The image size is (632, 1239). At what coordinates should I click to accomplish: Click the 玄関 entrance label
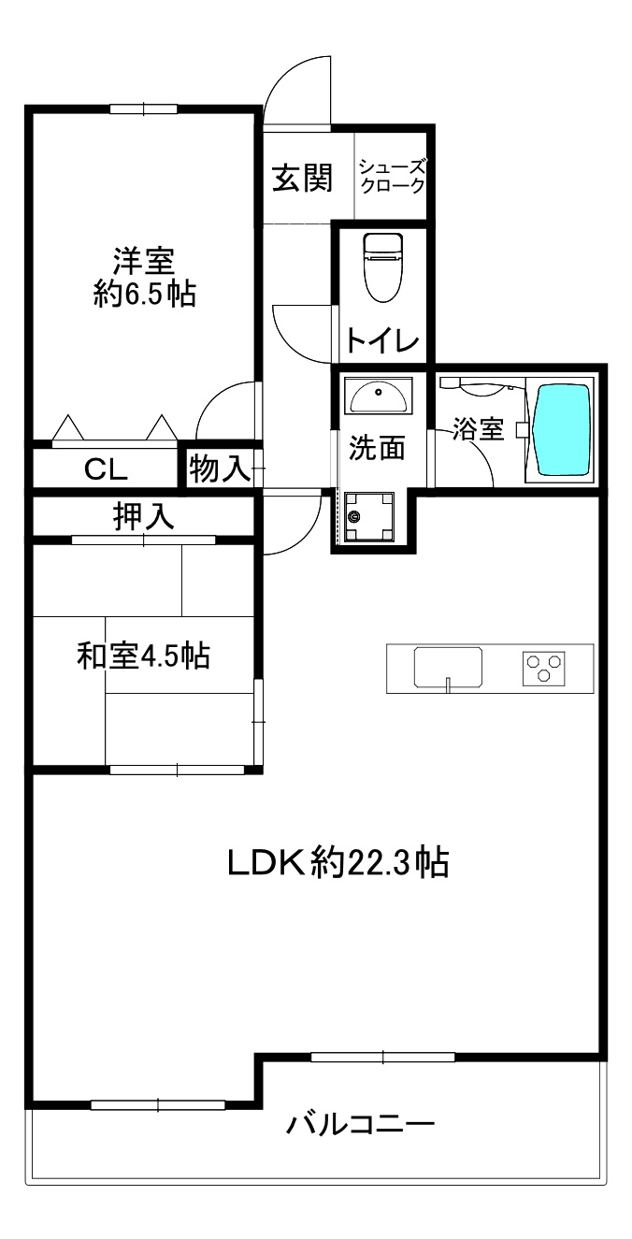coord(302,178)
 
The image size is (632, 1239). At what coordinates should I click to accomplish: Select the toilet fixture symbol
coord(381,267)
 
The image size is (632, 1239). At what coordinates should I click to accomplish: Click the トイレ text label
coord(382,340)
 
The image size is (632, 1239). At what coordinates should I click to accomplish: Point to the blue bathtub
coord(561,429)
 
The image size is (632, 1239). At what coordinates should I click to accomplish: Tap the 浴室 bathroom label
coord(479,429)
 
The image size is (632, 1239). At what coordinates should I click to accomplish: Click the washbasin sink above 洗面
coord(378,396)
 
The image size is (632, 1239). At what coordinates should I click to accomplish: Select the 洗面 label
coord(377,449)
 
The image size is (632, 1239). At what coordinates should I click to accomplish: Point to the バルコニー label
coord(360,1122)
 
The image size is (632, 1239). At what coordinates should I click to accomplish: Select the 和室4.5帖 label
coord(142,656)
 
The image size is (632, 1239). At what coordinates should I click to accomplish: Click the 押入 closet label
coord(144,517)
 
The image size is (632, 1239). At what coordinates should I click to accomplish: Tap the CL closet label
coord(106,468)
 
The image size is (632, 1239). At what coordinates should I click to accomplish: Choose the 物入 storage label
coord(220,468)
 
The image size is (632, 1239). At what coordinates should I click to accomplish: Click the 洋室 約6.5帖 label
coord(144,276)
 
